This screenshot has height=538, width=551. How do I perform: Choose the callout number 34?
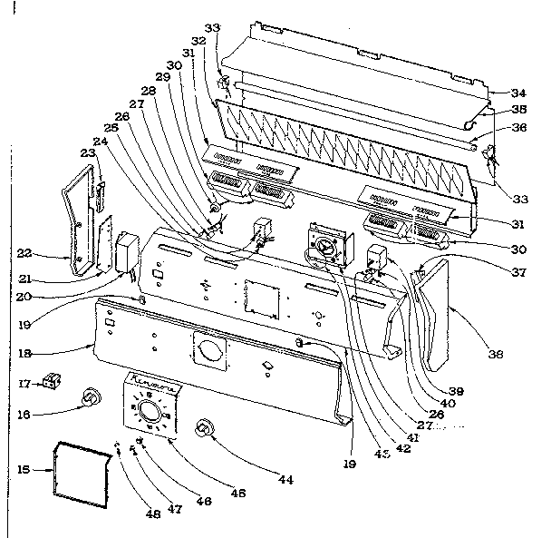[x=517, y=93]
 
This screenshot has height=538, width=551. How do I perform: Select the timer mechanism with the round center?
[x=325, y=245]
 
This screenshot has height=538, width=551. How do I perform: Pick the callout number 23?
[x=88, y=155]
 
